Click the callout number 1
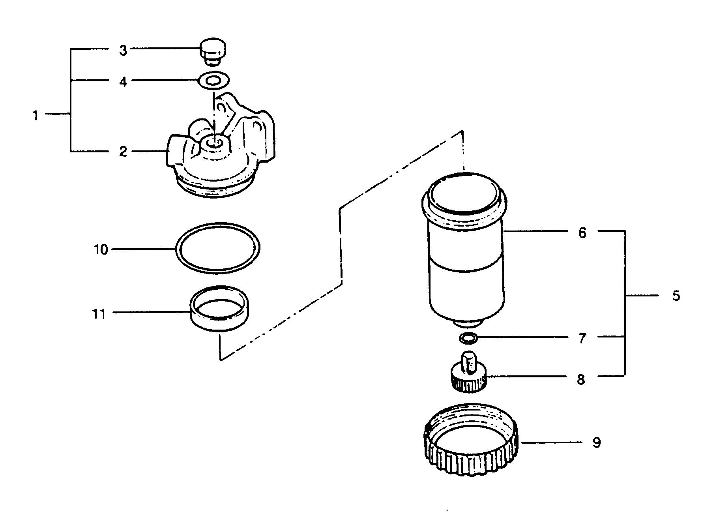(x=36, y=116)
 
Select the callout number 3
(x=123, y=51)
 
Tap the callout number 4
(x=123, y=82)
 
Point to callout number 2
(x=123, y=151)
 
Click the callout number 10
(x=101, y=249)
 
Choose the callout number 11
(x=99, y=314)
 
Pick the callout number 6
(x=582, y=233)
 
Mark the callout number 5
(x=676, y=296)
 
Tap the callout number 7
(x=582, y=339)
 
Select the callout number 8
(x=581, y=380)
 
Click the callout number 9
(x=596, y=442)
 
